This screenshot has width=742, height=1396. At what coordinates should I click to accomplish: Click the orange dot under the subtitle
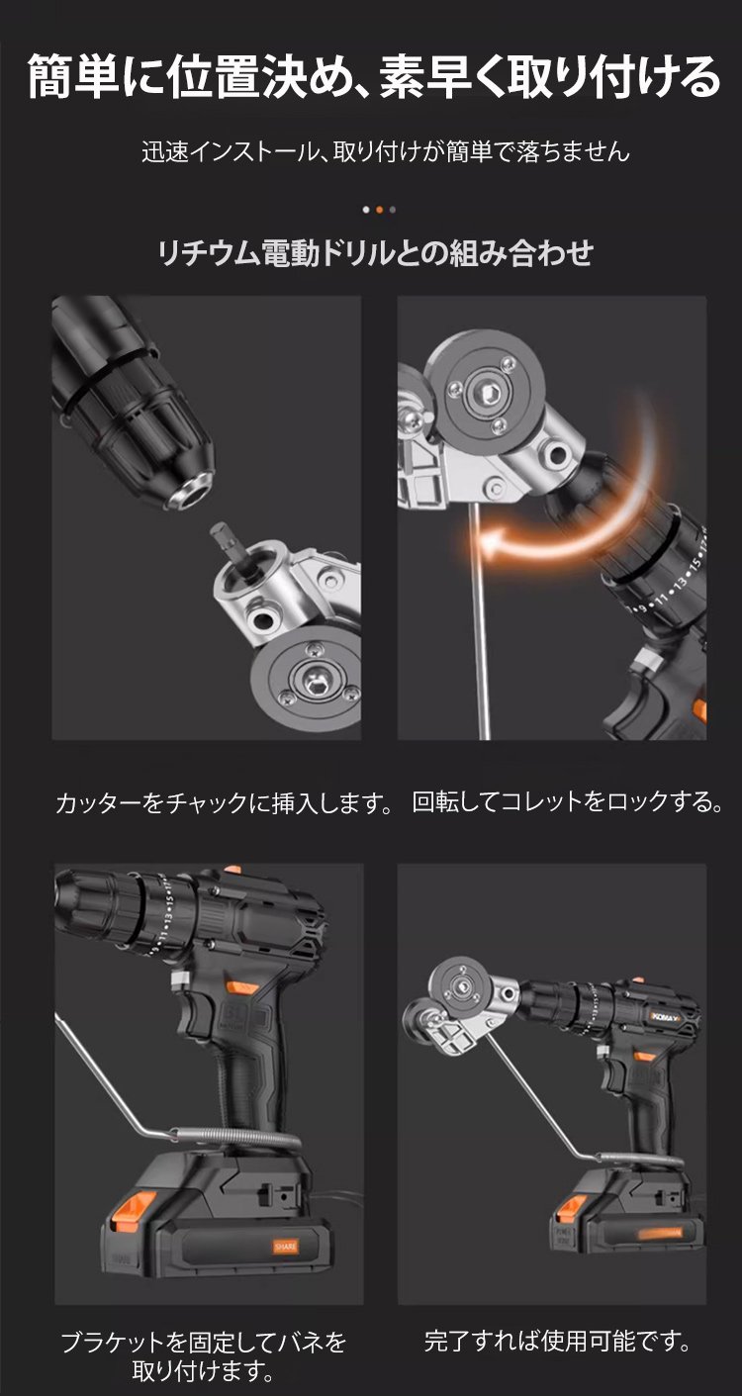(379, 210)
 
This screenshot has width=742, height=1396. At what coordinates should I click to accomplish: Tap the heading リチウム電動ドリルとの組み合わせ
(375, 253)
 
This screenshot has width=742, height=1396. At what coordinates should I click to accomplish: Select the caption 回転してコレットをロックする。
(568, 801)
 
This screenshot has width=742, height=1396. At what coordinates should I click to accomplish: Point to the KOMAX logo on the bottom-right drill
(667, 1016)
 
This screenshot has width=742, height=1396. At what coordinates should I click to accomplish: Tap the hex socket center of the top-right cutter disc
(485, 393)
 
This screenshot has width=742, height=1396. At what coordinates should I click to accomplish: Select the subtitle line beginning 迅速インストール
(386, 151)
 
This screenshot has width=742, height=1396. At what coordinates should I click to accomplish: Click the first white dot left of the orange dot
(366, 210)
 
